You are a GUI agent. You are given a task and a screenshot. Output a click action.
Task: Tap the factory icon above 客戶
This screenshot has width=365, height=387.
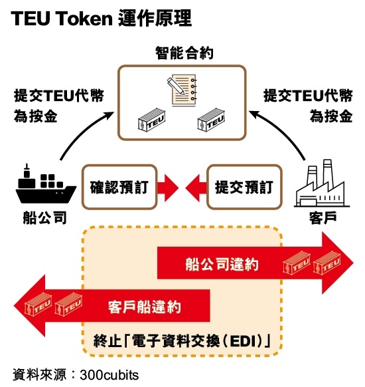click(x=322, y=184)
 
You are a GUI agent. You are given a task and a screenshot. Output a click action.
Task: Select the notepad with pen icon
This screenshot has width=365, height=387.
click(x=183, y=90)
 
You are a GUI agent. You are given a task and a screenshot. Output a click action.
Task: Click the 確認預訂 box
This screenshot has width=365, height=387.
click(x=119, y=187)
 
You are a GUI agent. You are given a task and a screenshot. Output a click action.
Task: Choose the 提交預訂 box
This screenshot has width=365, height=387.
click(x=244, y=187)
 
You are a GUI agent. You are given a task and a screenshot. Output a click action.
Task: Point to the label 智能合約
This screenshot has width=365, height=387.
click(x=184, y=53)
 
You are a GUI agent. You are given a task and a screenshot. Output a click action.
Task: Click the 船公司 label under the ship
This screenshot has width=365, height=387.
click(x=45, y=217)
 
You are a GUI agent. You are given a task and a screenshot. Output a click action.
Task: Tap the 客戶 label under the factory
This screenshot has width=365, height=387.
click(x=323, y=217)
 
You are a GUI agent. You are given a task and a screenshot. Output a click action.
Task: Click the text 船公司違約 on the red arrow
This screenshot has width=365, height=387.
click(x=222, y=265)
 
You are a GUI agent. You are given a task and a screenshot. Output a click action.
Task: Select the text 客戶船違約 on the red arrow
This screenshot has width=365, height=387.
click(x=145, y=307)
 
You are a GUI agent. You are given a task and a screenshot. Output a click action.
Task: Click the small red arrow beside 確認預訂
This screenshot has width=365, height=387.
click(x=168, y=188)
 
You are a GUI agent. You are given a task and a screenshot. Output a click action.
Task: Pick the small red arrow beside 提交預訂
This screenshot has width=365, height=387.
click(x=196, y=188)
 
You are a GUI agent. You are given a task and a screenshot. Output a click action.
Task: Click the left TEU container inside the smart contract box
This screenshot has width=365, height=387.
click(x=151, y=120)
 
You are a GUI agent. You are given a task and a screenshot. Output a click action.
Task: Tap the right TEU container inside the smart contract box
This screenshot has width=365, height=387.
click(x=211, y=120)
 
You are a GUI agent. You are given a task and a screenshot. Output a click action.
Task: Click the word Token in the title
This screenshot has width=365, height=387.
click(x=85, y=19)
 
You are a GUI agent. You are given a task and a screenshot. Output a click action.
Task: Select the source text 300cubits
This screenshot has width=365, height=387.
click(x=109, y=375)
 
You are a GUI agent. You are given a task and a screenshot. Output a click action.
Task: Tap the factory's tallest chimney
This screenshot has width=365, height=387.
click(x=328, y=173)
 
